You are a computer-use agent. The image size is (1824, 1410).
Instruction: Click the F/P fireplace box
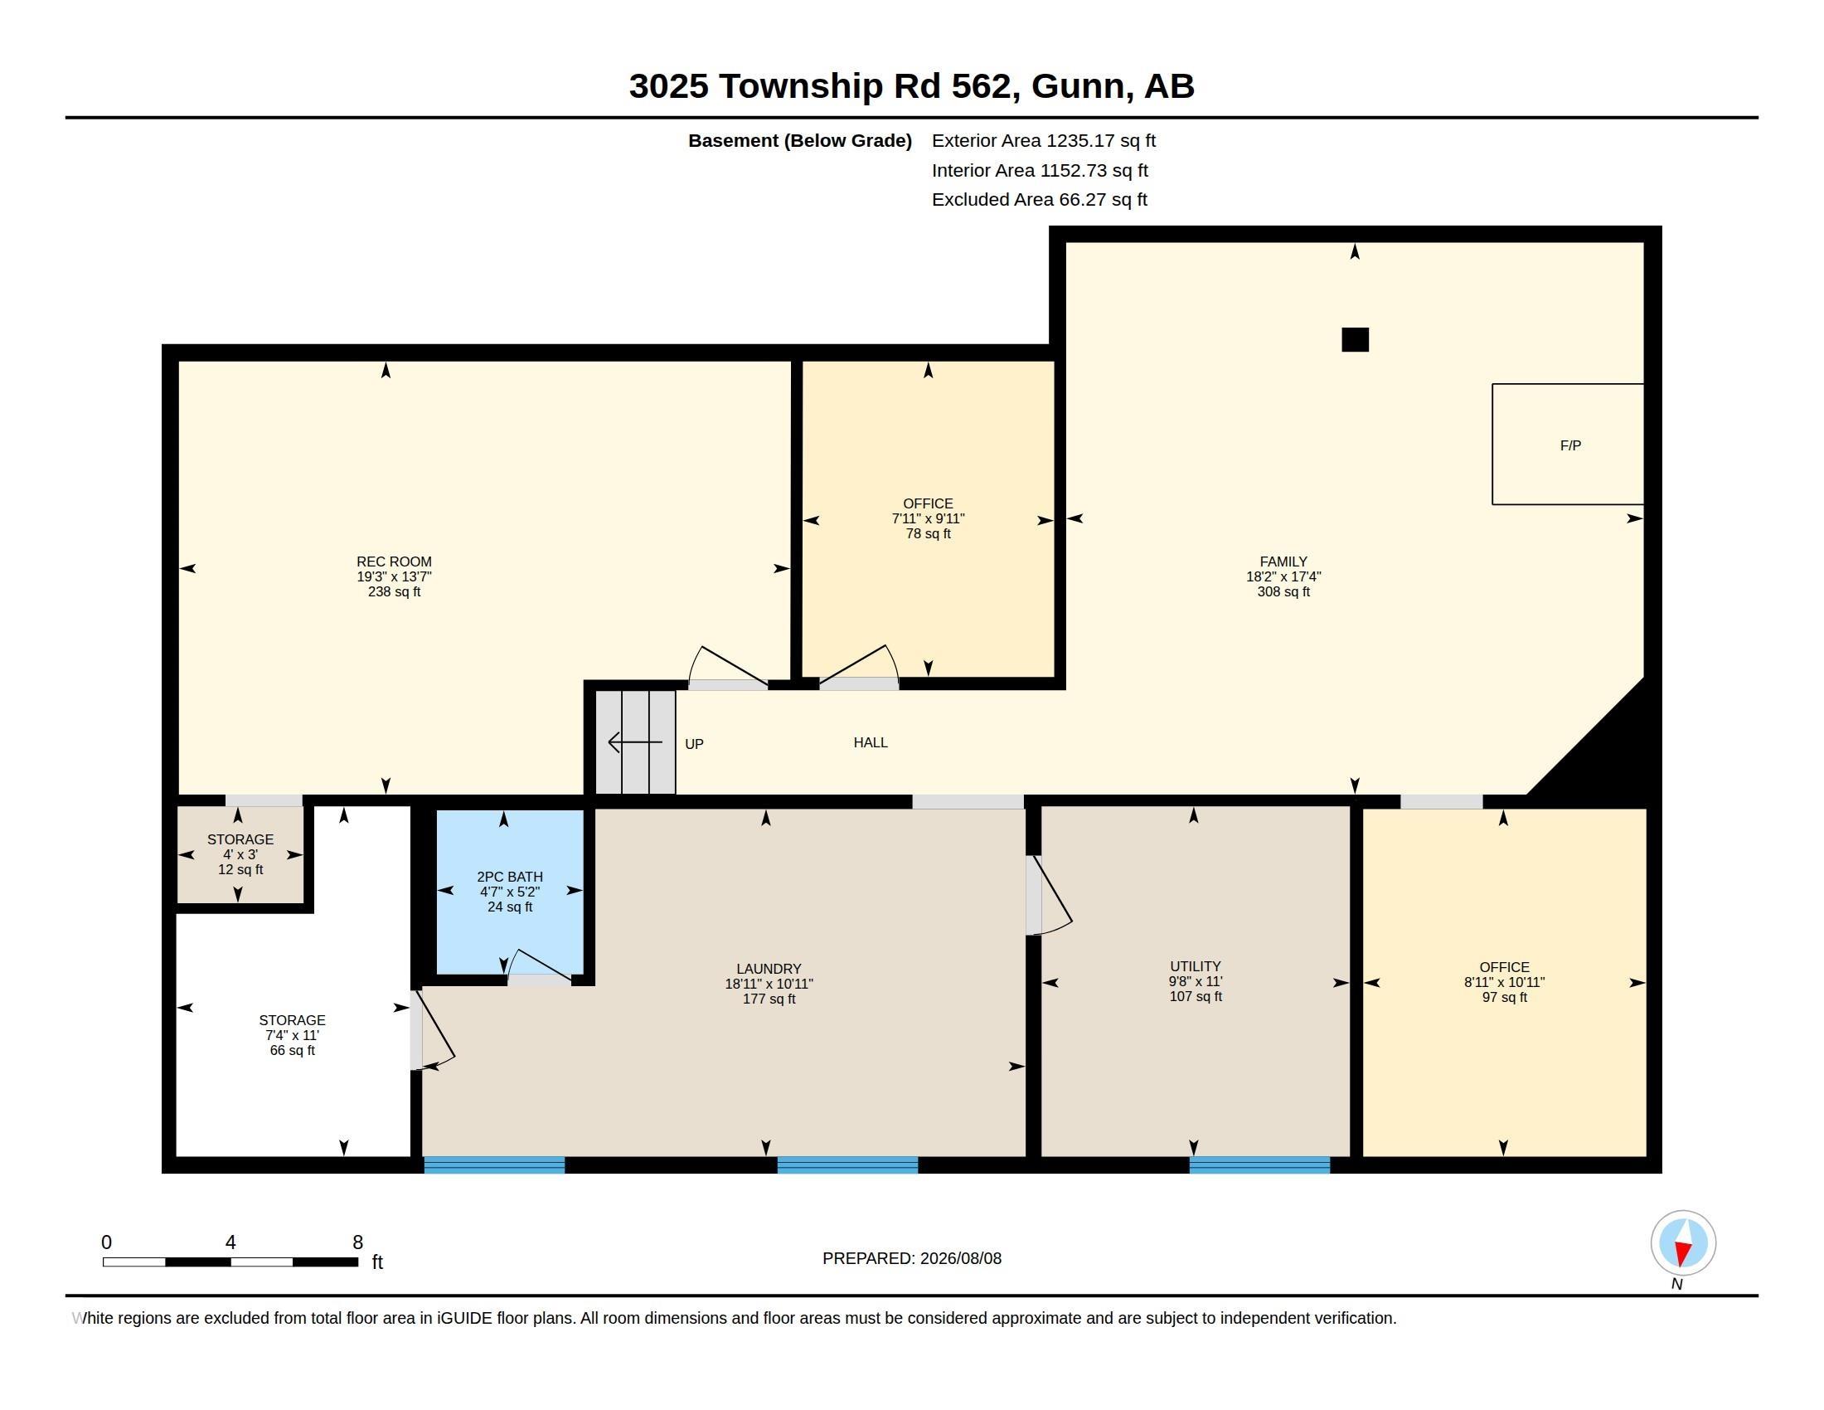1568,445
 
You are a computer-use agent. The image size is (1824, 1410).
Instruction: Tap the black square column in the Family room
1355,340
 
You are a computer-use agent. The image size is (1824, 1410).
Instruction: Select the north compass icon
1683,1242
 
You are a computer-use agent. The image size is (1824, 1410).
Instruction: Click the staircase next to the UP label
635,741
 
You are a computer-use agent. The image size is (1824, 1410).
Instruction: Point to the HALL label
871,742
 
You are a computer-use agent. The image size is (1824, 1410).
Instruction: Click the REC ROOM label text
394,562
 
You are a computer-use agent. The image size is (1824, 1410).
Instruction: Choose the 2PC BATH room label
509,877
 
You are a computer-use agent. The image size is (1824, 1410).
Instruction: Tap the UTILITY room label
1195,966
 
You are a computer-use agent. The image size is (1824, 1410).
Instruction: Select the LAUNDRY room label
769,969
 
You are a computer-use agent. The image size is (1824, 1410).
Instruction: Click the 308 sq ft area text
1283,592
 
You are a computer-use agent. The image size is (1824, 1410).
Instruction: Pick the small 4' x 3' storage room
240,854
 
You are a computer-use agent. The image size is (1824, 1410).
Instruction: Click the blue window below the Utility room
1259,1165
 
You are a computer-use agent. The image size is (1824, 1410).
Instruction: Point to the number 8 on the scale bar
357,1242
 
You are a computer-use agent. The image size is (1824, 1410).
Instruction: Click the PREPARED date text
912,1259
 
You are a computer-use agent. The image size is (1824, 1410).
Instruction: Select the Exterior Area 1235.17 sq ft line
1043,141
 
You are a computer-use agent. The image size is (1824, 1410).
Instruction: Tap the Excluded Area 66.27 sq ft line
1039,200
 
